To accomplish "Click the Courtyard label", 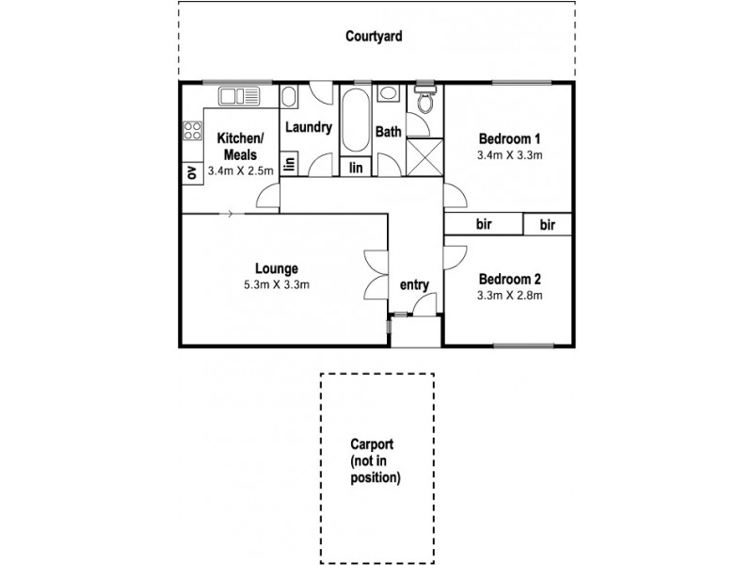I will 374,37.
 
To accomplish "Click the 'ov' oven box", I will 192,172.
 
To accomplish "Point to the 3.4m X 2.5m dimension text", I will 240,170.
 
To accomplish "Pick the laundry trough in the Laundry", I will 291,97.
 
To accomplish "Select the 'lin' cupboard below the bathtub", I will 356,168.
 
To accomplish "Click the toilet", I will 425,99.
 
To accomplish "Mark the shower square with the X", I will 425,155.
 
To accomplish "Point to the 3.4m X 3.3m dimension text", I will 509,154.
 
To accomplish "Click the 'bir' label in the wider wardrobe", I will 484,224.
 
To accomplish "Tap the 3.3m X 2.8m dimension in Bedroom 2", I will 509,295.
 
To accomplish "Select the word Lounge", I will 276,268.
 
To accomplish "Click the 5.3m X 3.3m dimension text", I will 276,284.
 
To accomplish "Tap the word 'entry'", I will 414,285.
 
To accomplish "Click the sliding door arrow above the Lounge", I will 229,214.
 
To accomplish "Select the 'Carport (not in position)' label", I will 376,461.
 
